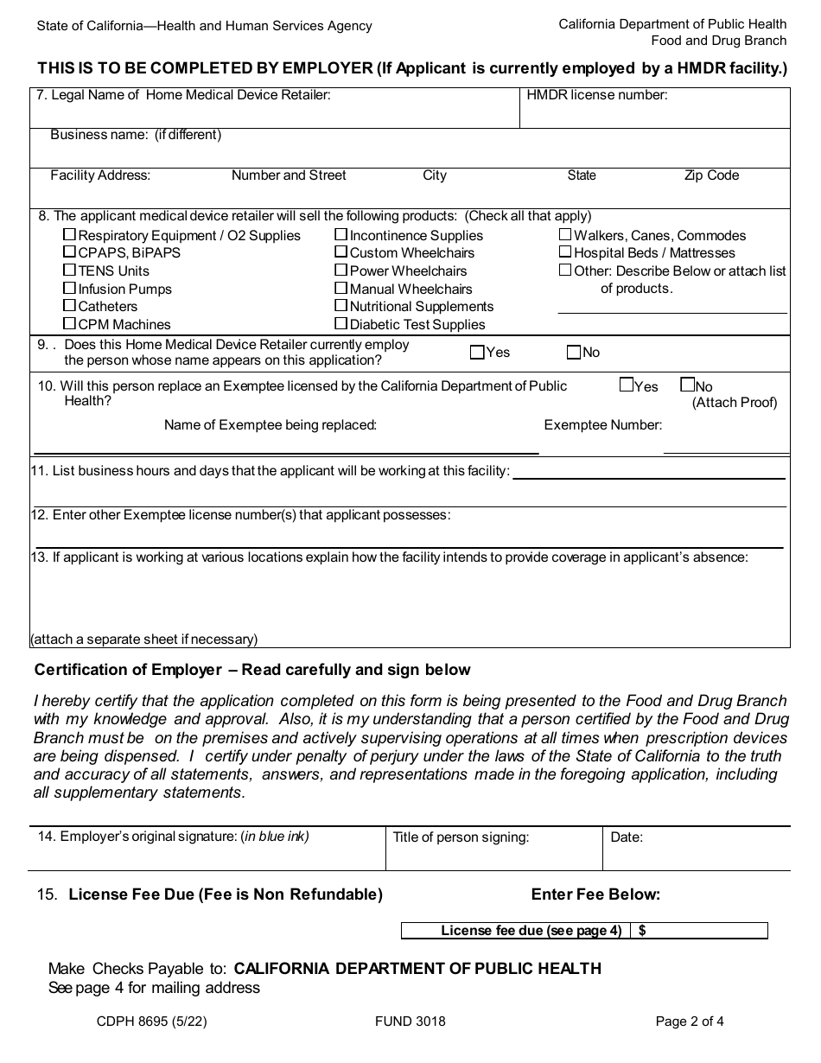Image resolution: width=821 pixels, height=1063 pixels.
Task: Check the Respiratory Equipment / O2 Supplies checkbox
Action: (69, 235)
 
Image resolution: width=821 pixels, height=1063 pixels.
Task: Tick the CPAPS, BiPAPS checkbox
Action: (69, 252)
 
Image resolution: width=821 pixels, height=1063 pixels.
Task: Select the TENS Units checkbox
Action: (69, 271)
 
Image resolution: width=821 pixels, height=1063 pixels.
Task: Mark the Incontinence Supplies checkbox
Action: (341, 235)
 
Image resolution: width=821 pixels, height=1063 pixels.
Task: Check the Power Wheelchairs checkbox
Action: (341, 271)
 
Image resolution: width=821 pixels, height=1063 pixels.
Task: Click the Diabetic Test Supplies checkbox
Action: (341, 324)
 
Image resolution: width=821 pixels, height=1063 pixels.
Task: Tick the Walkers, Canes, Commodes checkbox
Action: (565, 235)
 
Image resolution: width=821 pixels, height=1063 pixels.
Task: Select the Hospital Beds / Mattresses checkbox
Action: (565, 252)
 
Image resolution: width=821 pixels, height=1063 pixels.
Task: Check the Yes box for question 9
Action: (477, 352)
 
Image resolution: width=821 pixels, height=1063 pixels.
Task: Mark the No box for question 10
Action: (688, 385)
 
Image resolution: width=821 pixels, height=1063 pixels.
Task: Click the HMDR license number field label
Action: (597, 95)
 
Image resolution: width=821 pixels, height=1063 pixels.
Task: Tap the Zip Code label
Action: (711, 175)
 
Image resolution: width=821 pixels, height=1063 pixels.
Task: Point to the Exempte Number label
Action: (603, 424)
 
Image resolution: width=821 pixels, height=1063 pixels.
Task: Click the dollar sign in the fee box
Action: (643, 931)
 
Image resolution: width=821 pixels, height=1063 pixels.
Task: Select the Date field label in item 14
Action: (627, 837)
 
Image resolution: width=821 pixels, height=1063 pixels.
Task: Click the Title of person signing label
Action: (461, 837)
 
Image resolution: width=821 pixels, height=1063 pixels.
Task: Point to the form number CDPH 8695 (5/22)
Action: (152, 1021)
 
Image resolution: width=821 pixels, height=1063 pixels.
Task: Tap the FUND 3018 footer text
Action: (410, 1021)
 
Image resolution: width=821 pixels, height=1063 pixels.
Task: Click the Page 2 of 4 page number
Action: (690, 1021)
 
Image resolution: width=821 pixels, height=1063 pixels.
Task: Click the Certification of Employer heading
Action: (252, 670)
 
